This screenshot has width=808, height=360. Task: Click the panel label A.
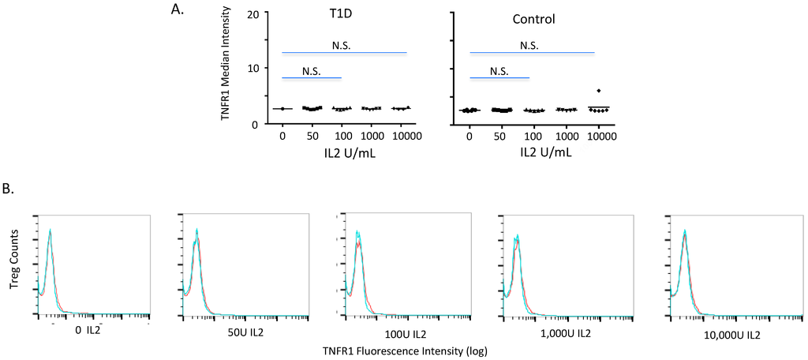[x=177, y=10]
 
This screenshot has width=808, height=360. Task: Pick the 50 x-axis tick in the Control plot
[x=501, y=137]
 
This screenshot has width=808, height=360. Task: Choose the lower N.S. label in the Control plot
[x=499, y=70]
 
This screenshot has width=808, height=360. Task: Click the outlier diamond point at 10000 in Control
[x=599, y=91]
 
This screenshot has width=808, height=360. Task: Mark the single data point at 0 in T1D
[x=282, y=108]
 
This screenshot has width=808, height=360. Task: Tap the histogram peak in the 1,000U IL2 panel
[x=518, y=235]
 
